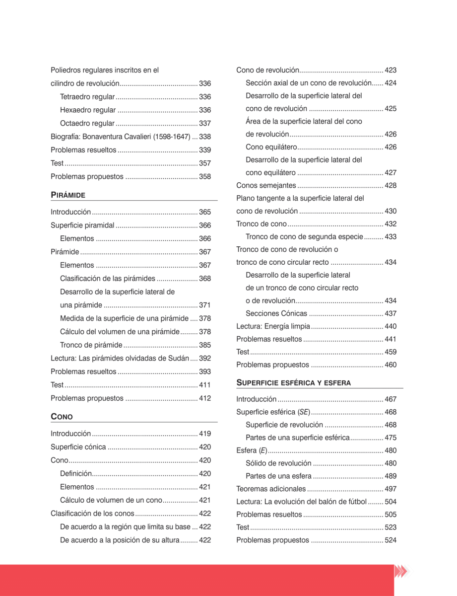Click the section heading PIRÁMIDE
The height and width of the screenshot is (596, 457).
(68, 195)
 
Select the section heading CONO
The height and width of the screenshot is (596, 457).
(62, 417)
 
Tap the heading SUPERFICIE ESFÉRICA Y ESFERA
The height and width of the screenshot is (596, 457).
(293, 383)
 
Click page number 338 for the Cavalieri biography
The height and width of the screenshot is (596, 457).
(205, 137)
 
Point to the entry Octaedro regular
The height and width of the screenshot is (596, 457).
(87, 123)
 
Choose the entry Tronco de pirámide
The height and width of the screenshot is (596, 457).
(91, 345)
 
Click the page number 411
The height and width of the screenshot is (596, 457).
(205, 385)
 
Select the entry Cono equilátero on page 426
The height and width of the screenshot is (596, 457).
(271, 147)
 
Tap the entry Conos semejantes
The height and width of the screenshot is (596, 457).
(266, 186)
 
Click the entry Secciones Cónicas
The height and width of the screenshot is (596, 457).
(276, 314)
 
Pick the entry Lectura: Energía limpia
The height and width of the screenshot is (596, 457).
(273, 327)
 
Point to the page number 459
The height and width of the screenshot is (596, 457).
(391, 352)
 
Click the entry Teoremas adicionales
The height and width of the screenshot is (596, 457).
(271, 489)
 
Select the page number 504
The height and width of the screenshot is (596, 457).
(391, 502)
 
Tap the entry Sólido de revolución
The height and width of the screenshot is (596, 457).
(278, 463)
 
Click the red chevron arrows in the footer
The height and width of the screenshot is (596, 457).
(400, 571)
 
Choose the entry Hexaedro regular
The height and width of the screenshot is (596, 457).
(88, 110)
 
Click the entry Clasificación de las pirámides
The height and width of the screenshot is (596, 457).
(108, 279)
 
